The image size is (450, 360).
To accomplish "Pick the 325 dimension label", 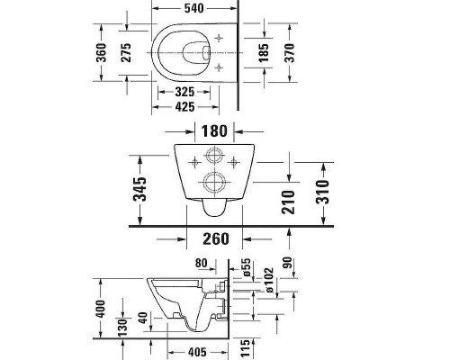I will (x=185, y=92).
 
